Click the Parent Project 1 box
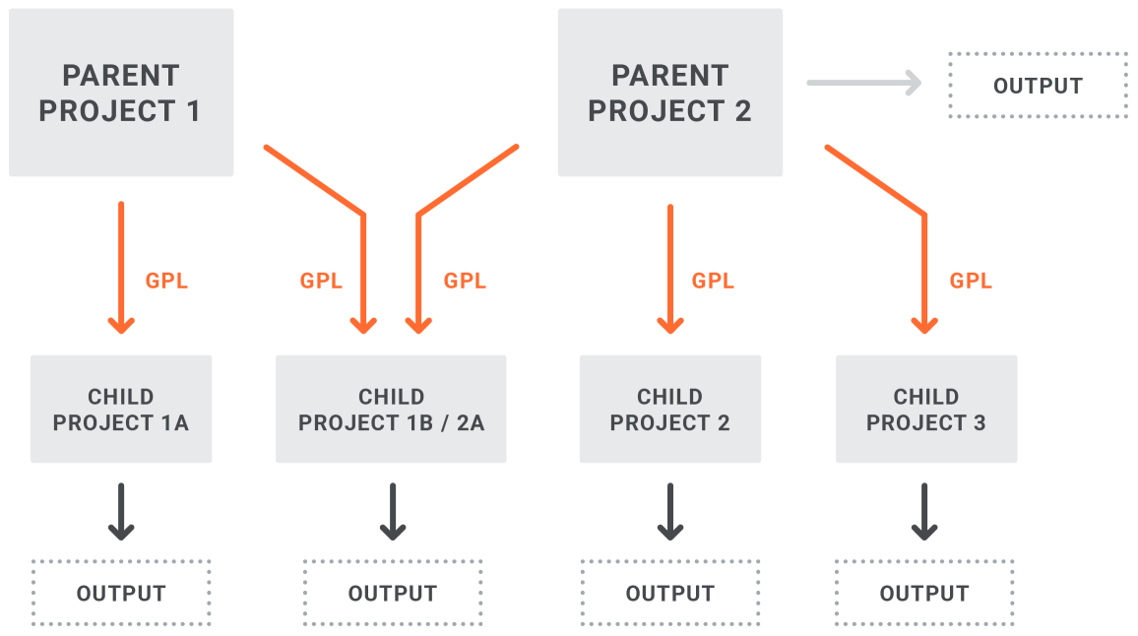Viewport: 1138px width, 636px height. click(x=121, y=93)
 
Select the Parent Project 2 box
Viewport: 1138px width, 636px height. click(x=669, y=93)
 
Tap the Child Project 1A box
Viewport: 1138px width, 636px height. click(x=121, y=409)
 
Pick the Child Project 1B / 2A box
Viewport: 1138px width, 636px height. click(x=391, y=409)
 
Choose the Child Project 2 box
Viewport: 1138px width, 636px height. click(x=669, y=409)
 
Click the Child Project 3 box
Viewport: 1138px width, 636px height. click(x=926, y=409)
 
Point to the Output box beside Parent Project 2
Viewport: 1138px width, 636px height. click(x=1038, y=85)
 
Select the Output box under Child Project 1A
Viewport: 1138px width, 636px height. click(x=121, y=593)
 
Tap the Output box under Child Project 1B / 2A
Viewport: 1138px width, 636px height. click(x=393, y=593)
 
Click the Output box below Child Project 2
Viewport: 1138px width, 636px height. click(x=669, y=593)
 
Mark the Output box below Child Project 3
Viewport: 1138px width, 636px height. click(x=924, y=593)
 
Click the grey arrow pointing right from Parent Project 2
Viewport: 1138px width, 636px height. click(x=864, y=83)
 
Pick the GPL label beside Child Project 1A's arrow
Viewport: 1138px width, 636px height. click(x=166, y=281)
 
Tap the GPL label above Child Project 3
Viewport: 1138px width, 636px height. click(x=971, y=281)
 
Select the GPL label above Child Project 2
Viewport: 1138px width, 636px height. click(x=713, y=281)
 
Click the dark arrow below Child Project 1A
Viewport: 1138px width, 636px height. click(x=121, y=512)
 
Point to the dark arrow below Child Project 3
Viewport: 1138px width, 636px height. click(x=924, y=512)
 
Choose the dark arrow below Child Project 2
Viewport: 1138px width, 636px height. click(x=669, y=512)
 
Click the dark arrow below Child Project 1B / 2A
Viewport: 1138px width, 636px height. click(x=393, y=512)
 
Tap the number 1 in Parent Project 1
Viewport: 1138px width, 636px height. click(x=193, y=111)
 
